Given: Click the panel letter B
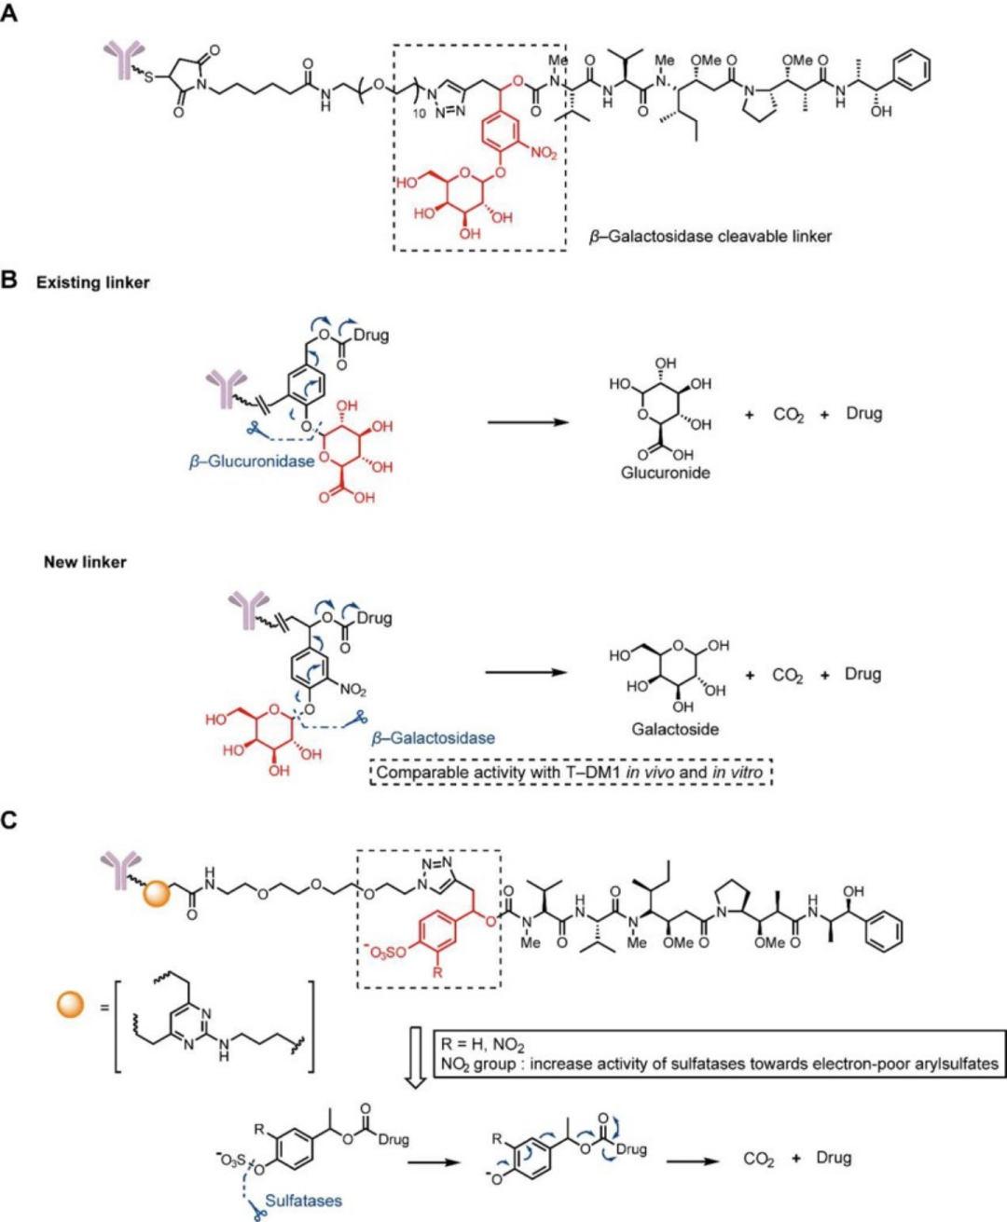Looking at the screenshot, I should tap(10, 280).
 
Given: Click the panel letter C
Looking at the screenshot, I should tap(10, 820).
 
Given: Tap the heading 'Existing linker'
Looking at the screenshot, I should tap(92, 281).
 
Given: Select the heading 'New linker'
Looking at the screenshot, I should tap(85, 562).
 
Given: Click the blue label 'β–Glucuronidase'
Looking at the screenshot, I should tap(252, 460).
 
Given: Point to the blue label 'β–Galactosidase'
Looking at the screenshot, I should tap(433, 737).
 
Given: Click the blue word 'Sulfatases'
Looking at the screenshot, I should tap(303, 1201).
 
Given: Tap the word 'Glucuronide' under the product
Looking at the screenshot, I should tap(665, 473).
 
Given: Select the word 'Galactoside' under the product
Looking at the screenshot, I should tap(675, 729).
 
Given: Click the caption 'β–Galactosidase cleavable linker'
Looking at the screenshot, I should tap(710, 236).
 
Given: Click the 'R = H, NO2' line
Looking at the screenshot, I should tap(483, 1044).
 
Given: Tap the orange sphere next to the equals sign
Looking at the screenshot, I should tap(71, 1005).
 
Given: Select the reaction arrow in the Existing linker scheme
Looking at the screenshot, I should tap(528, 421).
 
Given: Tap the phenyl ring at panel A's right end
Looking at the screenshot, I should tap(910, 71).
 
